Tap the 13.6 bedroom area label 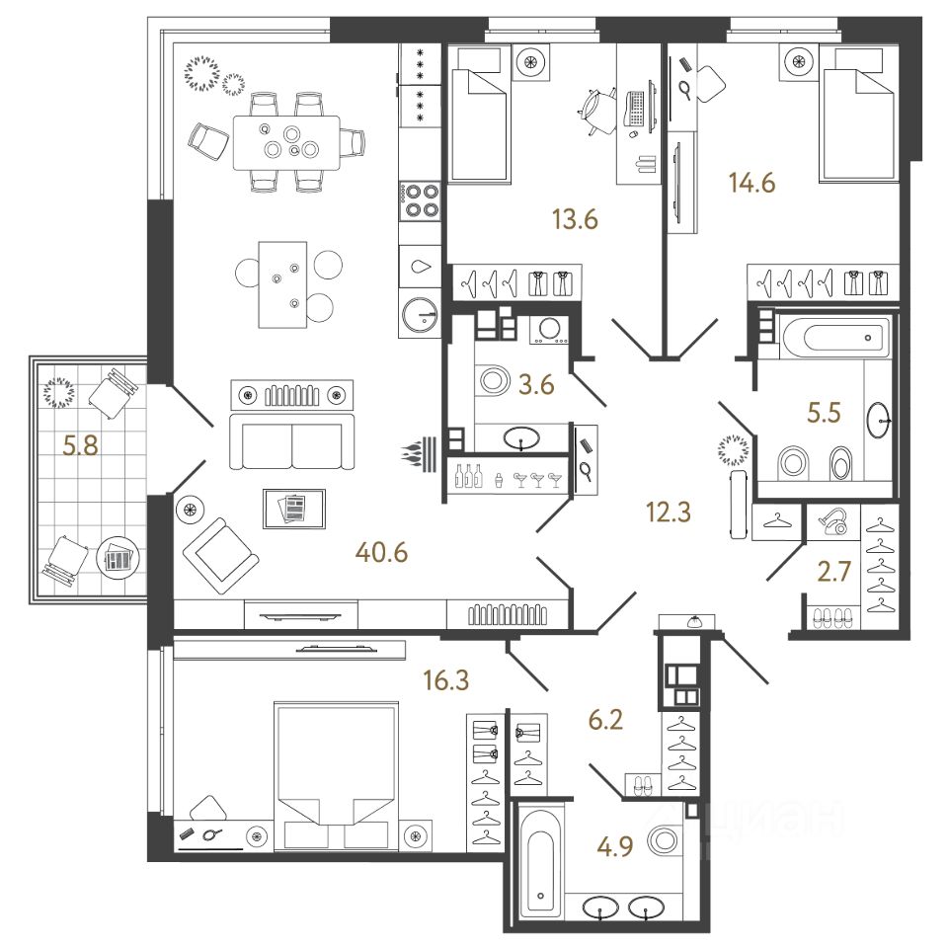point(576,219)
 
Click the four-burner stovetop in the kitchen point(421,200)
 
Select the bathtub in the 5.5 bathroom point(834,338)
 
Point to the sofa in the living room point(291,441)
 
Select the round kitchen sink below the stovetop point(422,315)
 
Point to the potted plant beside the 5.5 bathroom point(733,452)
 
